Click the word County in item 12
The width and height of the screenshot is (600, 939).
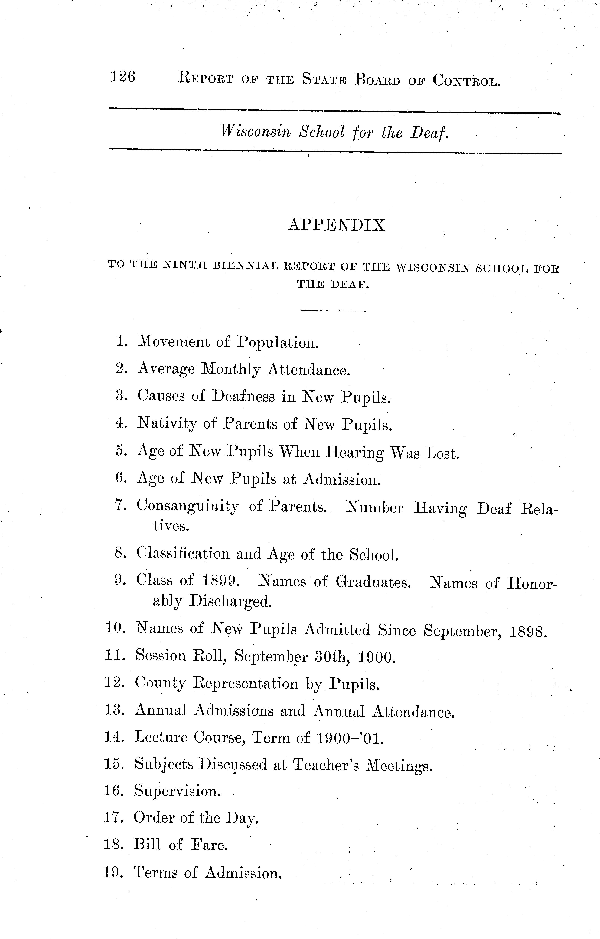coord(160,684)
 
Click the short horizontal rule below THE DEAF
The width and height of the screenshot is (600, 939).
coord(334,311)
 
